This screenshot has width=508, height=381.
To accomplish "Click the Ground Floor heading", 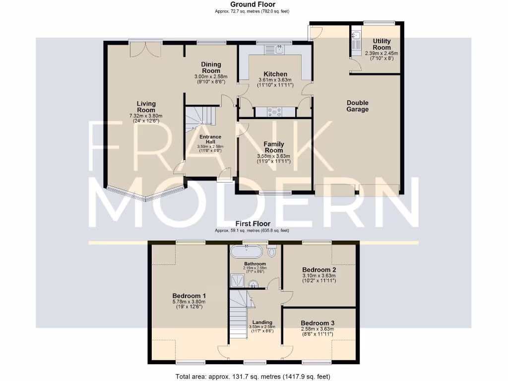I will coord(253,4).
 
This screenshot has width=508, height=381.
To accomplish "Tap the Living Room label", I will coord(146,107).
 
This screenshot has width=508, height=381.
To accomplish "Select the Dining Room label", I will coord(210,67).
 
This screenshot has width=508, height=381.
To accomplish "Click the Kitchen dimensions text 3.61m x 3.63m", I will coord(275,80).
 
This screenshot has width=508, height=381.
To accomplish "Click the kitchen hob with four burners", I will coord(274,112).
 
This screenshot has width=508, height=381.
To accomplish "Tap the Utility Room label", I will coord(381,44).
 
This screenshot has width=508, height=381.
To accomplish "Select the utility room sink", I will coord(356,36).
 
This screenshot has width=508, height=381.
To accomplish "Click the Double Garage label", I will coord(358,106).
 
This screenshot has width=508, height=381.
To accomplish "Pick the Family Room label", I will coord(273,147).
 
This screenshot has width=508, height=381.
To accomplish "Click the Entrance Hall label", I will coord(210,139).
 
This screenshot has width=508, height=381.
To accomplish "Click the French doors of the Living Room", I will coord(145,49).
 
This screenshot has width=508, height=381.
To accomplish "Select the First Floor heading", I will coord(253,224).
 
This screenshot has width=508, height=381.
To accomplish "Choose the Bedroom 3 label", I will coord(317,322).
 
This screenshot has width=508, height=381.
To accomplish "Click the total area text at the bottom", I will coord(253,377).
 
